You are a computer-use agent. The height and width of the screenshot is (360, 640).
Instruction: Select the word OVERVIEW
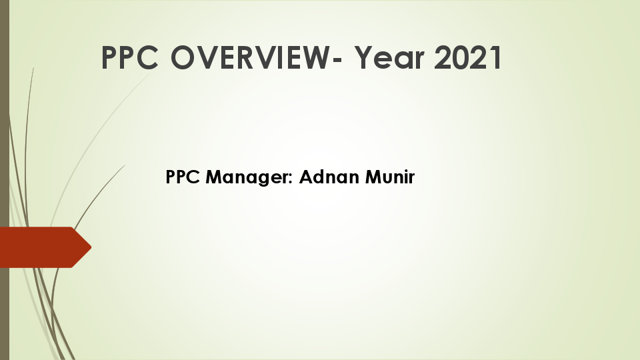(253, 58)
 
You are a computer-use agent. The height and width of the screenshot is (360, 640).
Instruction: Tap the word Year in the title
(389, 58)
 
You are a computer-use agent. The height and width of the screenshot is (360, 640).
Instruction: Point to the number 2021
(468, 58)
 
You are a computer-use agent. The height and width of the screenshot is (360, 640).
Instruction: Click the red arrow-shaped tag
(40, 247)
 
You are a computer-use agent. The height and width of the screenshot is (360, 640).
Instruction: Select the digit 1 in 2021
(493, 58)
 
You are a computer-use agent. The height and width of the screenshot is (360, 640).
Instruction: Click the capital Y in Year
(364, 58)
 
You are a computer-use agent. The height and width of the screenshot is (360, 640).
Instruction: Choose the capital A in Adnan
(305, 177)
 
